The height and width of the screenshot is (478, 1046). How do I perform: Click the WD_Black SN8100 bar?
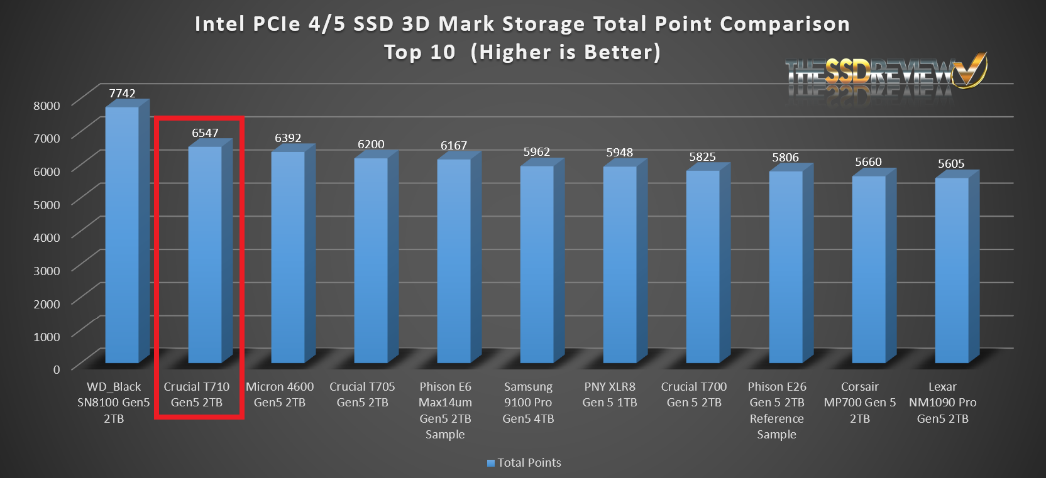click(x=122, y=236)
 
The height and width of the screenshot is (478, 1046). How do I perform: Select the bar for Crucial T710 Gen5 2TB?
click(x=205, y=254)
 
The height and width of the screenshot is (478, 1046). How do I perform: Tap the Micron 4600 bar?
click(x=288, y=258)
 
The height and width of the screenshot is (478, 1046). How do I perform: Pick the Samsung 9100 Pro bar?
click(x=537, y=264)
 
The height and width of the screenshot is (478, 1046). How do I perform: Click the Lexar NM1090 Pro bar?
click(x=952, y=270)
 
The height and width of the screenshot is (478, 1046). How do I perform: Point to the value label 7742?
click(x=122, y=93)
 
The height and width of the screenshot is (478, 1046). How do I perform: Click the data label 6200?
click(x=371, y=144)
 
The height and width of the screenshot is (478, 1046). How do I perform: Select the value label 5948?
click(x=619, y=153)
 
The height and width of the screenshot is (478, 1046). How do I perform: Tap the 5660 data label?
click(x=868, y=162)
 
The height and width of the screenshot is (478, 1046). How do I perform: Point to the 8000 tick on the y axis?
click(x=47, y=106)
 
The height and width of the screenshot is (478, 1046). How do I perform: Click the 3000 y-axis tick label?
click(x=47, y=271)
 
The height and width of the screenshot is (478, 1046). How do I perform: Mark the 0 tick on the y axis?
click(x=57, y=369)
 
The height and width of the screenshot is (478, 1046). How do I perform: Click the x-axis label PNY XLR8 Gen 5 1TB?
click(x=610, y=394)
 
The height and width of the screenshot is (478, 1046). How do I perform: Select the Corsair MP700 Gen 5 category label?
click(x=859, y=402)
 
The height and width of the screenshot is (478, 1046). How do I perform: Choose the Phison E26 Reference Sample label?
click(x=777, y=410)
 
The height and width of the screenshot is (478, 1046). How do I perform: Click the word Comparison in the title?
click(x=784, y=24)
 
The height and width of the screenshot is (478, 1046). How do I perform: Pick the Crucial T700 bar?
click(x=703, y=267)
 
